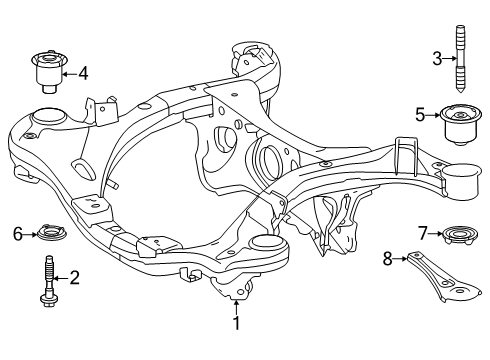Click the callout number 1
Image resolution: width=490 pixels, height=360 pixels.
point(237,322)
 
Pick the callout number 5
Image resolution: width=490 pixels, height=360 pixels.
point(421,112)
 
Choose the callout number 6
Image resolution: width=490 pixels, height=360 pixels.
point(17,234)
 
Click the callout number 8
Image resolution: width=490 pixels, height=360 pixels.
point(388,259)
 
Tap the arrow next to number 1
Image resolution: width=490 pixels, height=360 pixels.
point(237,303)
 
